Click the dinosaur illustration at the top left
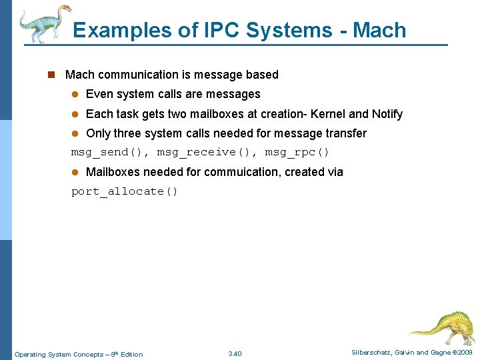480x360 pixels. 44,23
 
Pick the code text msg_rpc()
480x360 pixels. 297,152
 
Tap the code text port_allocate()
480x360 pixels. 125,191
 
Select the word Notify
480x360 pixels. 387,114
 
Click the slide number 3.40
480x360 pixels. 235,353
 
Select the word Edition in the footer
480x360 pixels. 131,354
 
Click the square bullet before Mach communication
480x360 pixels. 50,75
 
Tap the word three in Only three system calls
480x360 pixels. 127,133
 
